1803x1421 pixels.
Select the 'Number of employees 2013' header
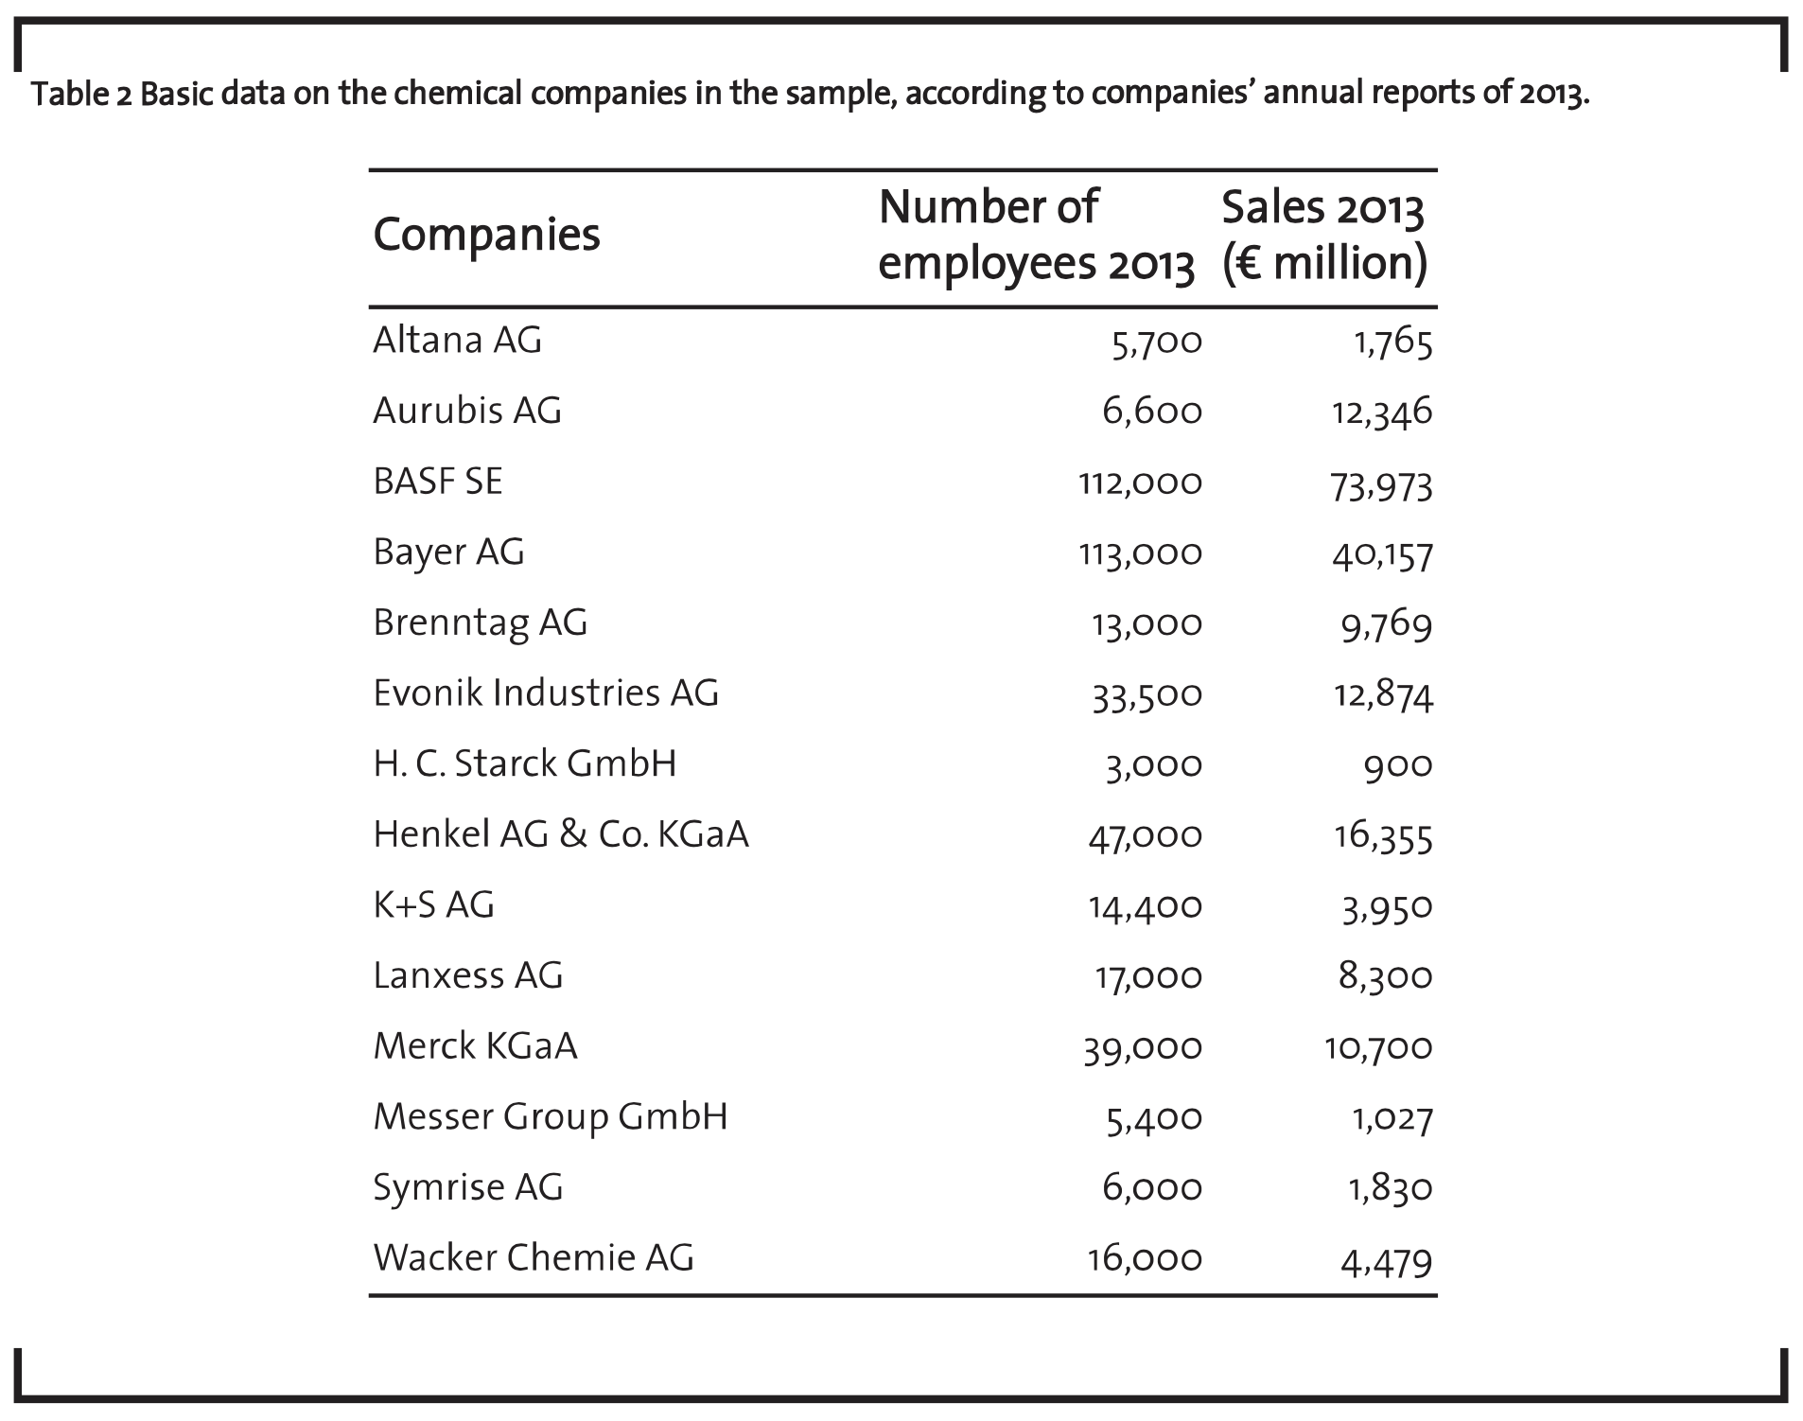pos(1036,235)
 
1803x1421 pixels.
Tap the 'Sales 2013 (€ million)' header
pos(1324,235)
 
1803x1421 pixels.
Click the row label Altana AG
pos(457,340)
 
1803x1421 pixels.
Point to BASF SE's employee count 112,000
pos(1140,483)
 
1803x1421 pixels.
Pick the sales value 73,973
pos(1382,484)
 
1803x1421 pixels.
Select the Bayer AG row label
pos(448,553)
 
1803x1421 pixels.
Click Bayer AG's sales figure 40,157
pos(1382,554)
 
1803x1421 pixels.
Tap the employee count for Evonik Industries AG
pos(1147,695)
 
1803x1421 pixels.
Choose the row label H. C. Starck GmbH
pos(525,763)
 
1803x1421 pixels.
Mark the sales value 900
pos(1398,765)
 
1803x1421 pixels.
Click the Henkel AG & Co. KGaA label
pos(561,834)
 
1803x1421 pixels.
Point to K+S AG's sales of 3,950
pos(1387,908)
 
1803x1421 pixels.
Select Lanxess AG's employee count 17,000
pos(1148,977)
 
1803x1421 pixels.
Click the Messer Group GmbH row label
pos(551,1117)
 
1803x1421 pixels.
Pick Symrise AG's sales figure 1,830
pos(1391,1188)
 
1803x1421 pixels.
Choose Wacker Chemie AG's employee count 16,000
pos(1146,1259)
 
